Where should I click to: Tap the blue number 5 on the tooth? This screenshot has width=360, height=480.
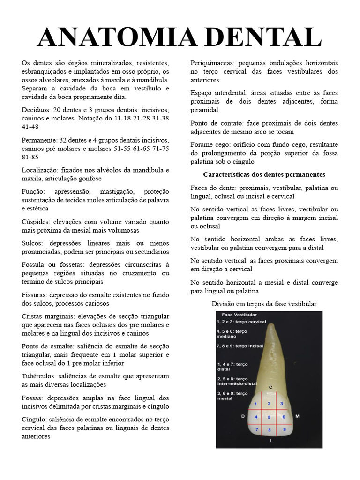(x=269, y=417)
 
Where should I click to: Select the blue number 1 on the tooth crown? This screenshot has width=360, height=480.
(x=255, y=404)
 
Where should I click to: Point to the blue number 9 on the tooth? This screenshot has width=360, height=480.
(x=284, y=429)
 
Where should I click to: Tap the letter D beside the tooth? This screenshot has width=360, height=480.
(x=242, y=416)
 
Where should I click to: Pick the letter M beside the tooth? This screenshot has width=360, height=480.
(x=297, y=416)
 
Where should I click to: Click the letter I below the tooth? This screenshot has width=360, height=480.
(x=270, y=441)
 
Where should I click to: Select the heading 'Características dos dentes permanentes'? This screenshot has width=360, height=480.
(x=264, y=174)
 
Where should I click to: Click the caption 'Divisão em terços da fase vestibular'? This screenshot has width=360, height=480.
(x=264, y=304)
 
